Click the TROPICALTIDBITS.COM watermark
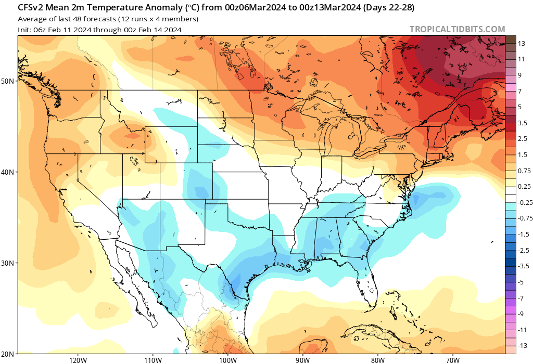point(457,30)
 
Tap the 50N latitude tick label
point(7,81)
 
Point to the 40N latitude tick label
point(7,172)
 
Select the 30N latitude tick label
point(7,263)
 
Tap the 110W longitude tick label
point(152,360)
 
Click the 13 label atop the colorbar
point(521,44)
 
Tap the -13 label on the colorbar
point(522,346)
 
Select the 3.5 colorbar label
point(523,123)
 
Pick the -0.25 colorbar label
point(525,203)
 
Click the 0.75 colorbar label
point(524,171)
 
